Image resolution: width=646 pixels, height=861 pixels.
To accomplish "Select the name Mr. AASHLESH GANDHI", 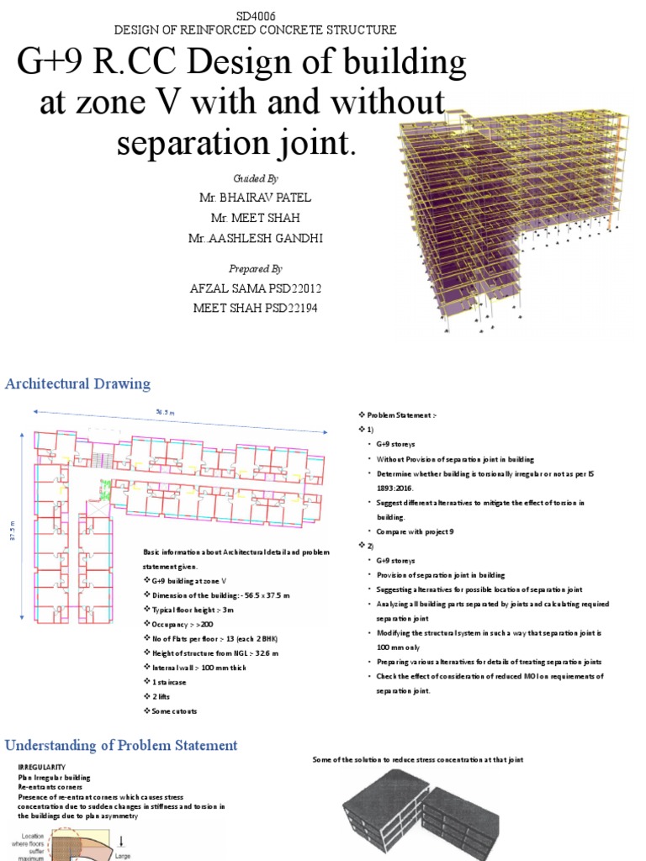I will [x=255, y=239].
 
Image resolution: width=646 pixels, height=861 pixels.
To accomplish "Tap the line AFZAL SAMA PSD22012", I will [x=255, y=288].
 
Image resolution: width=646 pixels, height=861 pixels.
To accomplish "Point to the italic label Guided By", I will [x=254, y=179].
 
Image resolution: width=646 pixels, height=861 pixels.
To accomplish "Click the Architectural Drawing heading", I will [x=78, y=384].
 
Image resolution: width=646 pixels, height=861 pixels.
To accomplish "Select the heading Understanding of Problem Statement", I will [x=122, y=746].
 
